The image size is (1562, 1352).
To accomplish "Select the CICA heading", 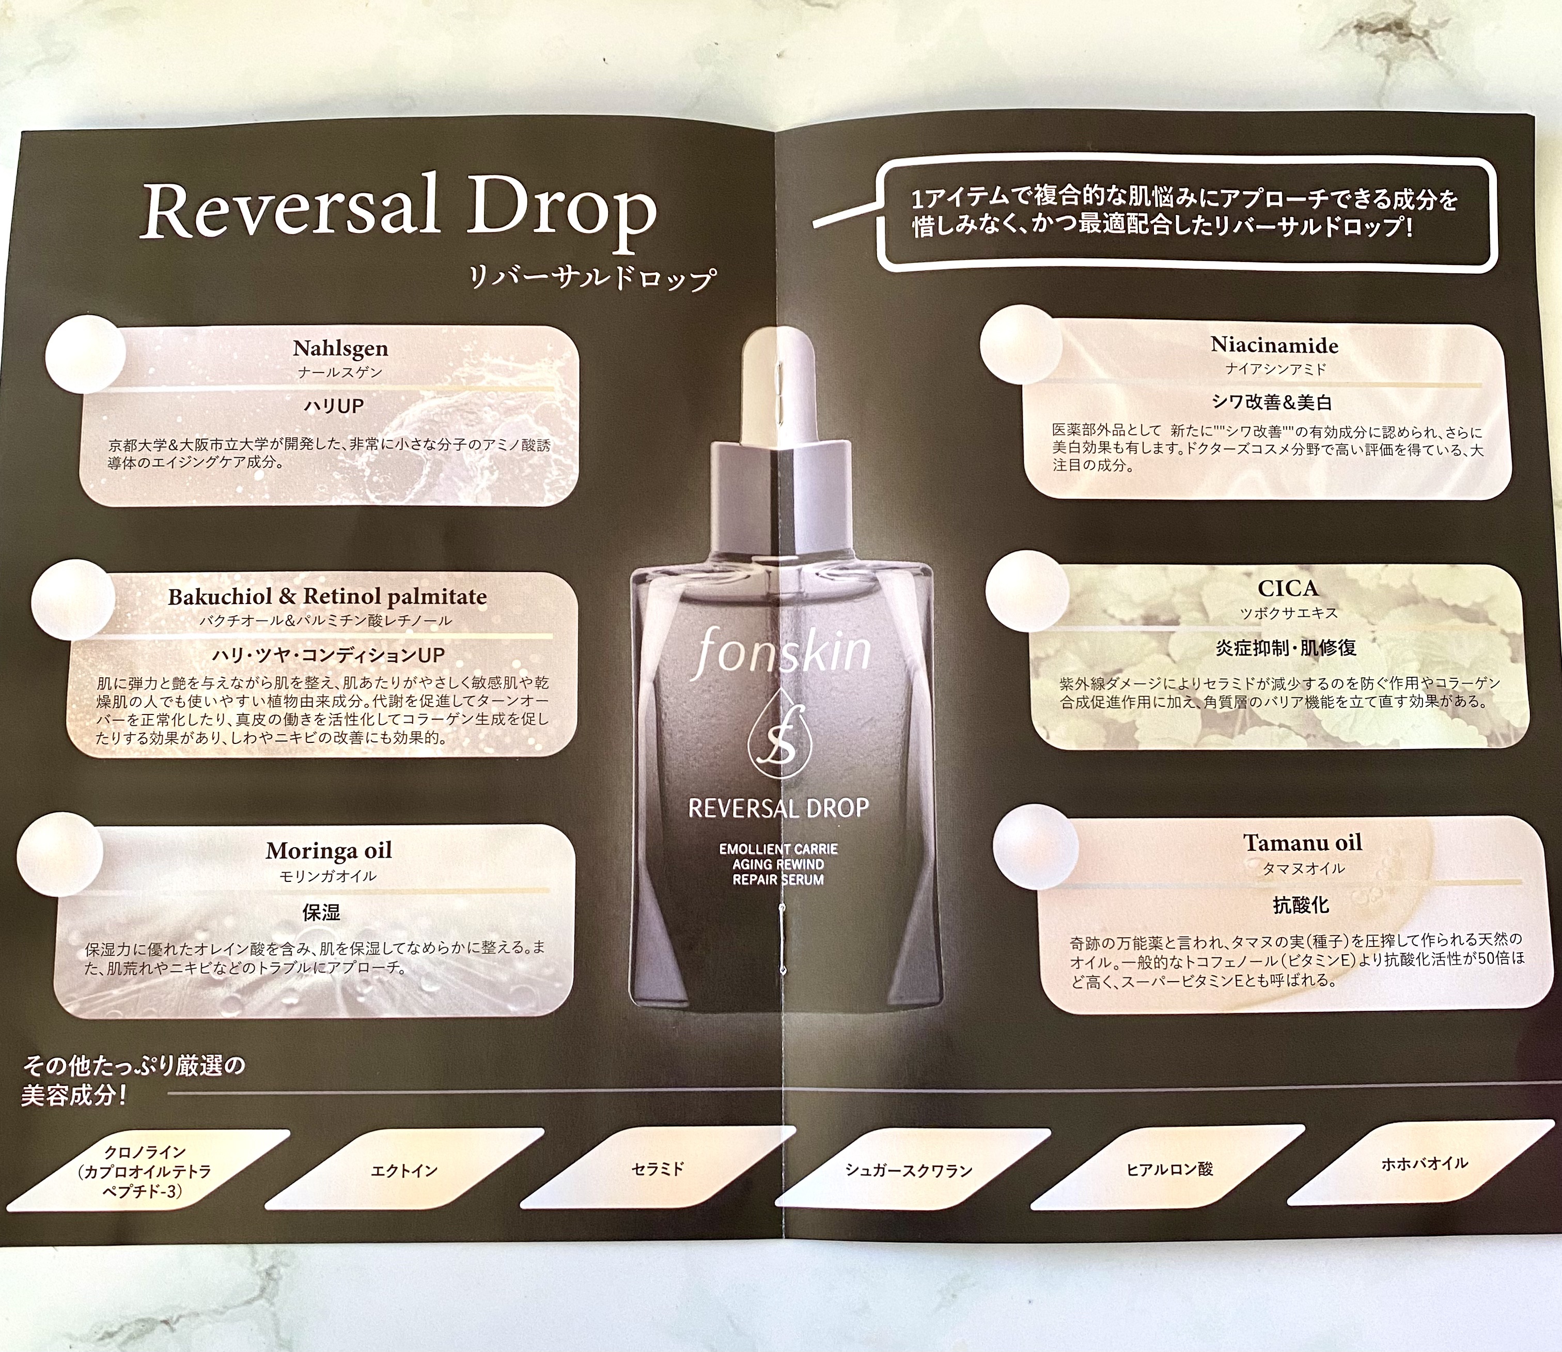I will pos(1288,588).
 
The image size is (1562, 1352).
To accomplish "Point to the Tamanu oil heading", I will pos(1303,842).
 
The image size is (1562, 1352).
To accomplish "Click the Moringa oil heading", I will pos(329,850).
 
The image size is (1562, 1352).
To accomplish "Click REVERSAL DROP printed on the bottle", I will pos(778,809).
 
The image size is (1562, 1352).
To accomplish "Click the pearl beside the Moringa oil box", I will pos(59,853).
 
